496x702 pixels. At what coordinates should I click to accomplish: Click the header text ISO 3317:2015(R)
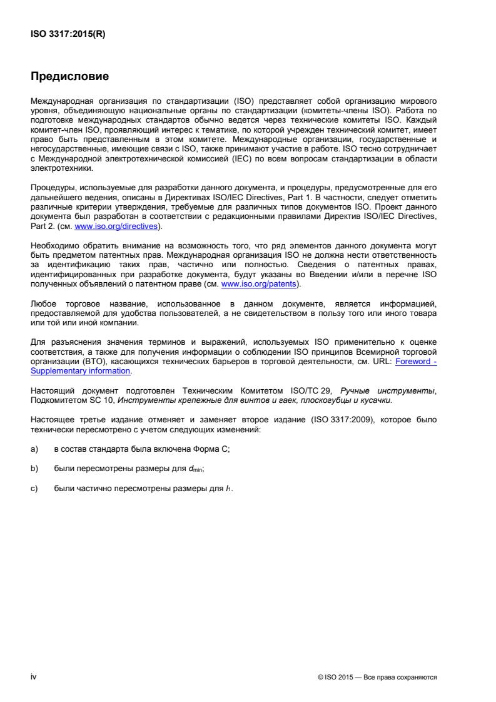tap(68, 35)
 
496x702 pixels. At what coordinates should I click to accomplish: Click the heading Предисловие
tap(70, 77)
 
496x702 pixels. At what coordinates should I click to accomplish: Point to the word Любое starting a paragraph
tap(43, 304)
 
